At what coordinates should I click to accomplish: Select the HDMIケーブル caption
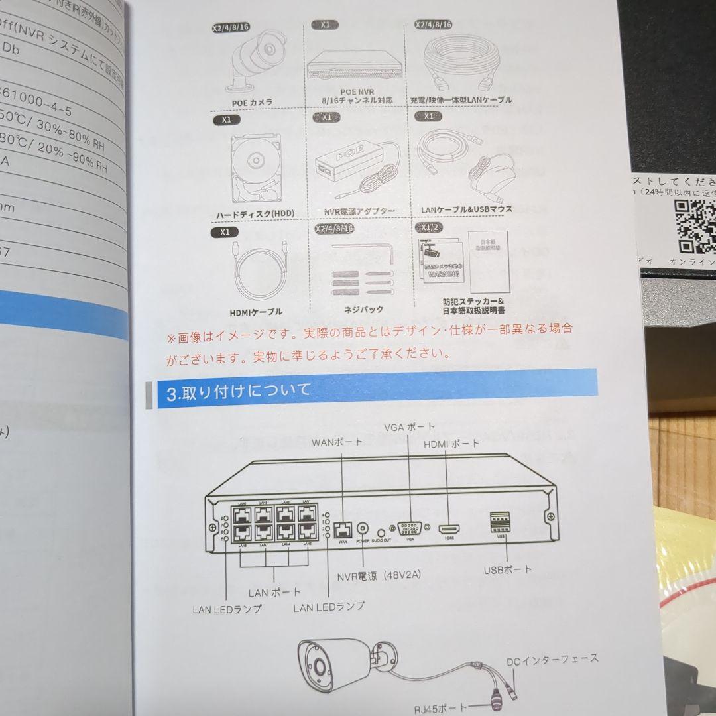[255, 312]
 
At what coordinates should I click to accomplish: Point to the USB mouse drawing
[494, 175]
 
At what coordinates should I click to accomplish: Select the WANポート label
[337, 442]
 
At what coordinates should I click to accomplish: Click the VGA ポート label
[409, 426]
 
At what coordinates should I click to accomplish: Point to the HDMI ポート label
[451, 444]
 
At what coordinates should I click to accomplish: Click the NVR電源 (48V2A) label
[379, 576]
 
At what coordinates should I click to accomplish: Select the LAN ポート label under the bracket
[274, 592]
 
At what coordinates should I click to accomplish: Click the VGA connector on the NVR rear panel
[410, 528]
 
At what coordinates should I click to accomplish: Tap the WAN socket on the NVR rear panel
[343, 528]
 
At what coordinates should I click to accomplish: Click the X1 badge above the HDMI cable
[225, 233]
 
